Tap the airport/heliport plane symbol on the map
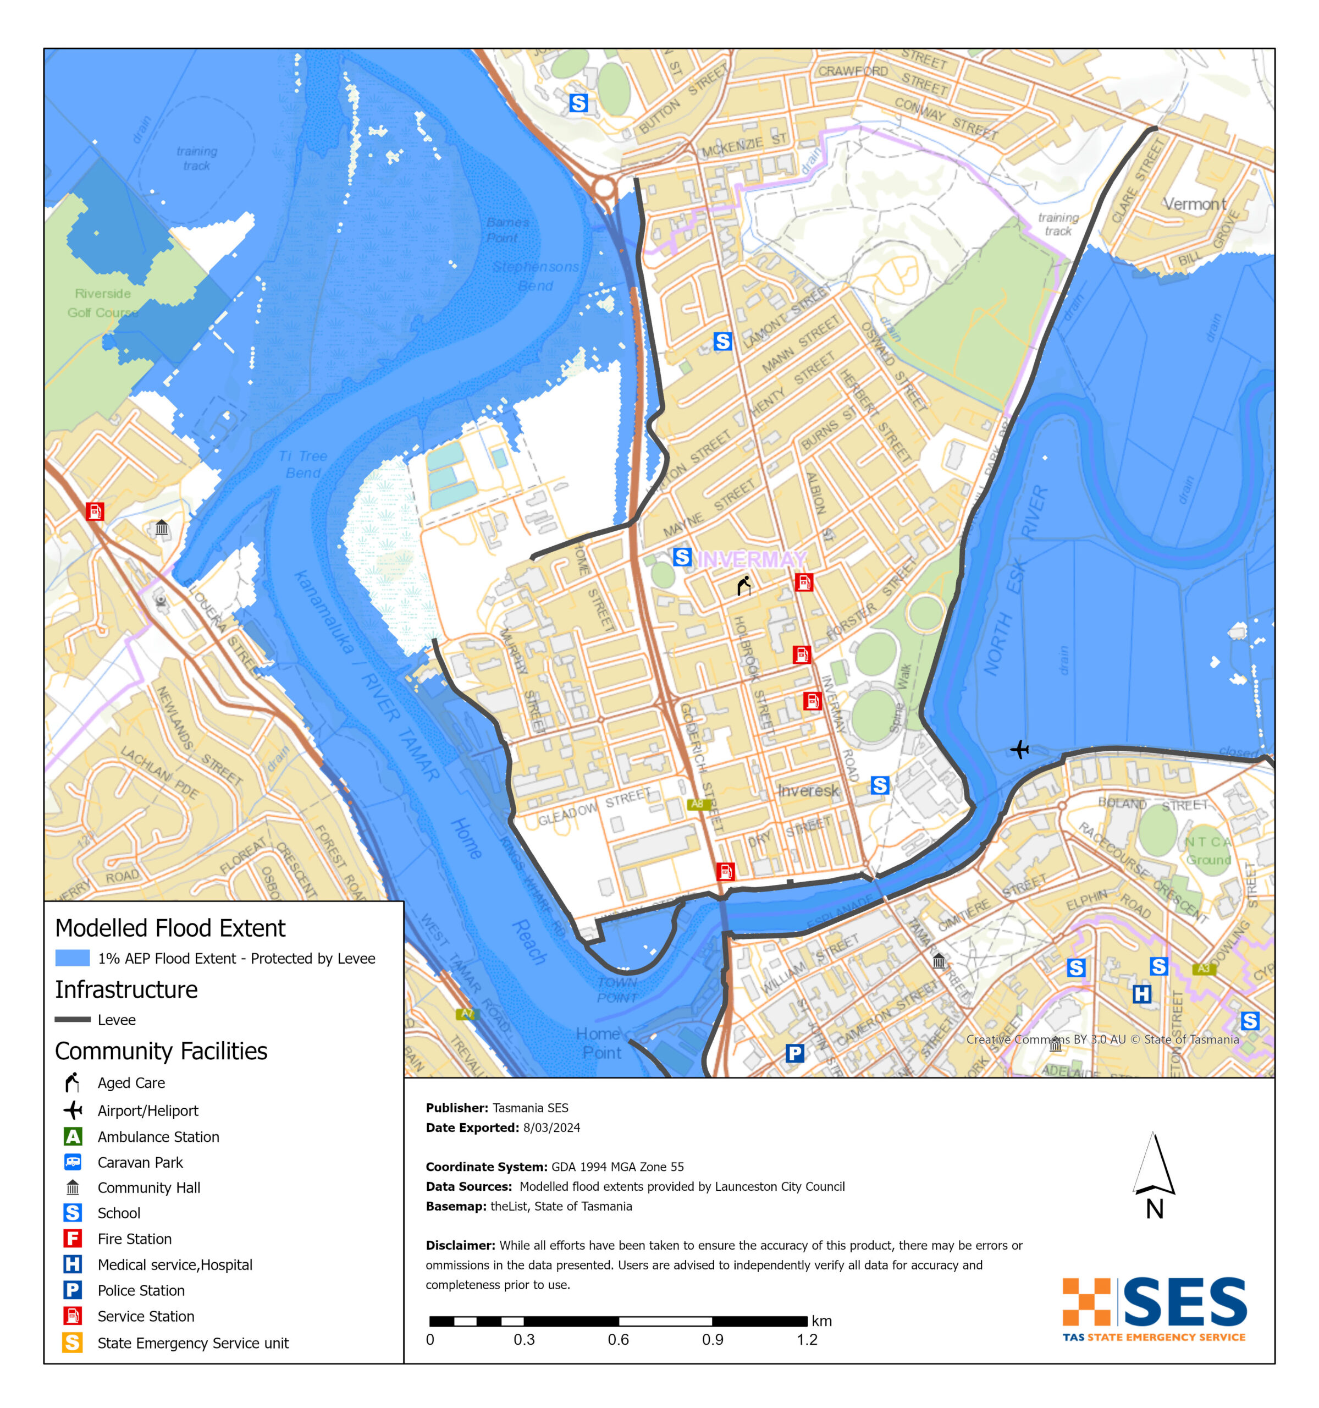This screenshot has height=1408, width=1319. coord(1019,749)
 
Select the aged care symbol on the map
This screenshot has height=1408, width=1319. coord(743,586)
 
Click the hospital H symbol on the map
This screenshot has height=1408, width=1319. coord(1141,994)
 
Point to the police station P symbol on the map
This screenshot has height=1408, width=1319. coord(794,1053)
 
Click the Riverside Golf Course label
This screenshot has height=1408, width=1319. coord(103,303)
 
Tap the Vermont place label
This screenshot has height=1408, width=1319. coord(1194,204)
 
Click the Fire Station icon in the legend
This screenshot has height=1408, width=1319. coord(72,1239)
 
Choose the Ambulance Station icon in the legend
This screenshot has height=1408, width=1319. coord(72,1136)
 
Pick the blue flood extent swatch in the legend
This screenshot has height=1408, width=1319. coord(72,958)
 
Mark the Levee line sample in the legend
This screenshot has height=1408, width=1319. coord(72,1019)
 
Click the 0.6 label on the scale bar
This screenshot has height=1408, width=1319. coord(618,1339)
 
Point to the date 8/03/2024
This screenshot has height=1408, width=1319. coord(551,1127)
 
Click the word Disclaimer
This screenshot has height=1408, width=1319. coord(460,1245)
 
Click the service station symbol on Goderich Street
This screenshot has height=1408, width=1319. coord(725,871)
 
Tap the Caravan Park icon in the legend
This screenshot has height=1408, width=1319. coord(72,1162)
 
